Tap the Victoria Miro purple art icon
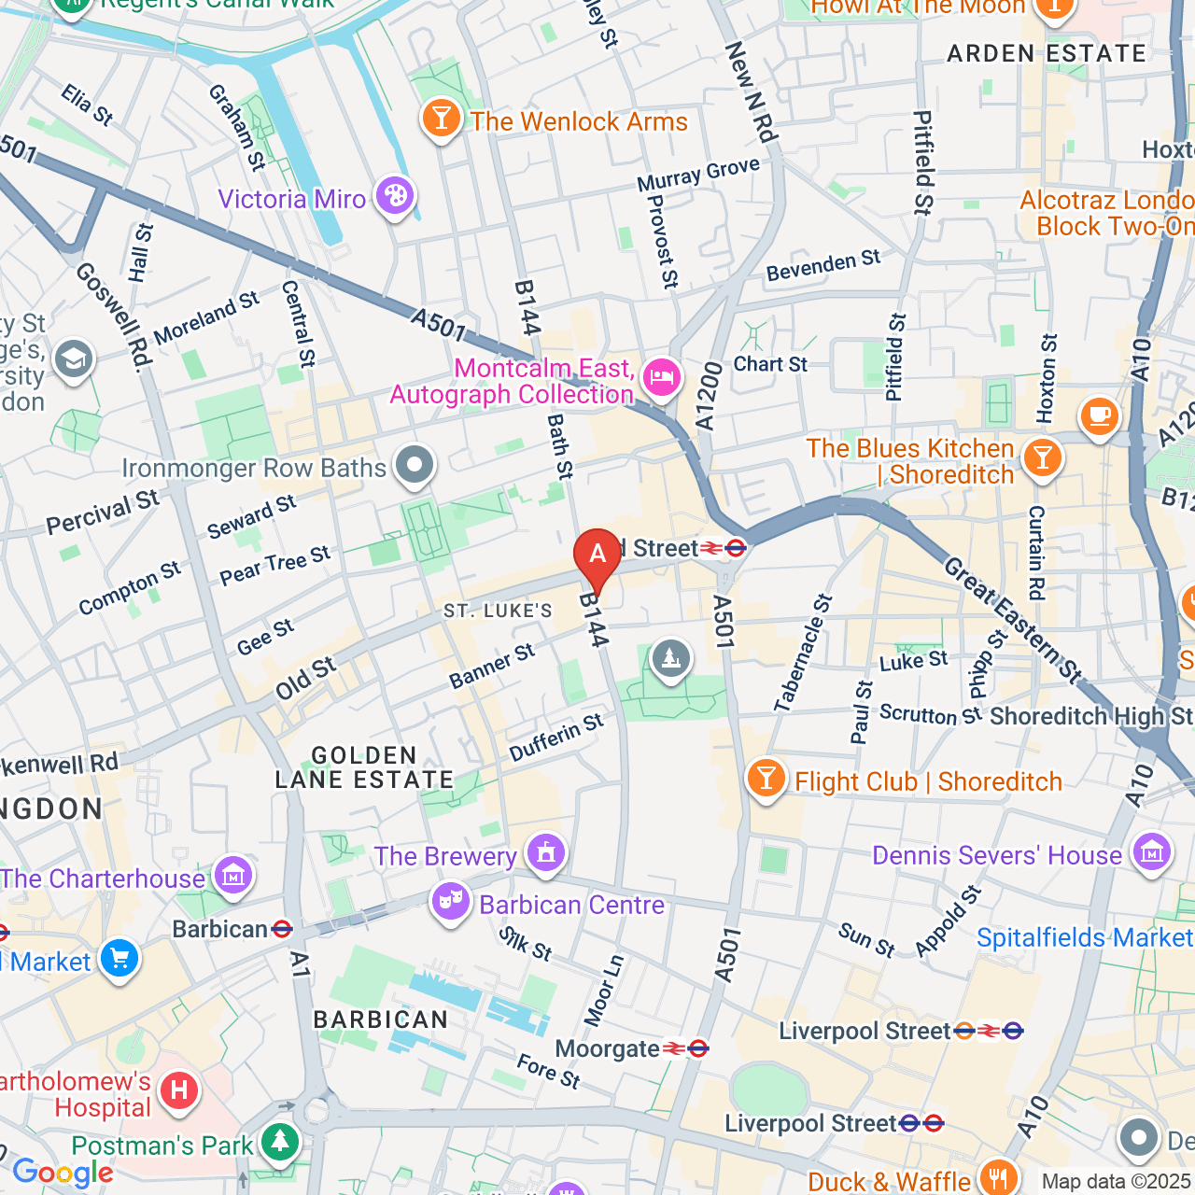coord(395,197)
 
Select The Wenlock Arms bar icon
coord(441,119)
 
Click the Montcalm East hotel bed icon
coord(662,378)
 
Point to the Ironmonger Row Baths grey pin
coord(415,464)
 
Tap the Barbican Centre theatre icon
coord(451,902)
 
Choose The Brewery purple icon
coord(546,852)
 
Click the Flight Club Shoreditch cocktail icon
coord(766,778)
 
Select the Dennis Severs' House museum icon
coord(1152,852)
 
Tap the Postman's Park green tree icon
coord(279,1141)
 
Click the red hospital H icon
coord(178,1090)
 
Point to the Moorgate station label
coord(607,1049)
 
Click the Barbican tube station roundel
coord(282,930)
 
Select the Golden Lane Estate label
coord(364,767)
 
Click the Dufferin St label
coord(556,737)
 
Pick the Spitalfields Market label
coord(1083,937)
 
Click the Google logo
coord(63,1173)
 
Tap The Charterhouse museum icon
coord(232,875)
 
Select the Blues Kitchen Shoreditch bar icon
coord(1043,457)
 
